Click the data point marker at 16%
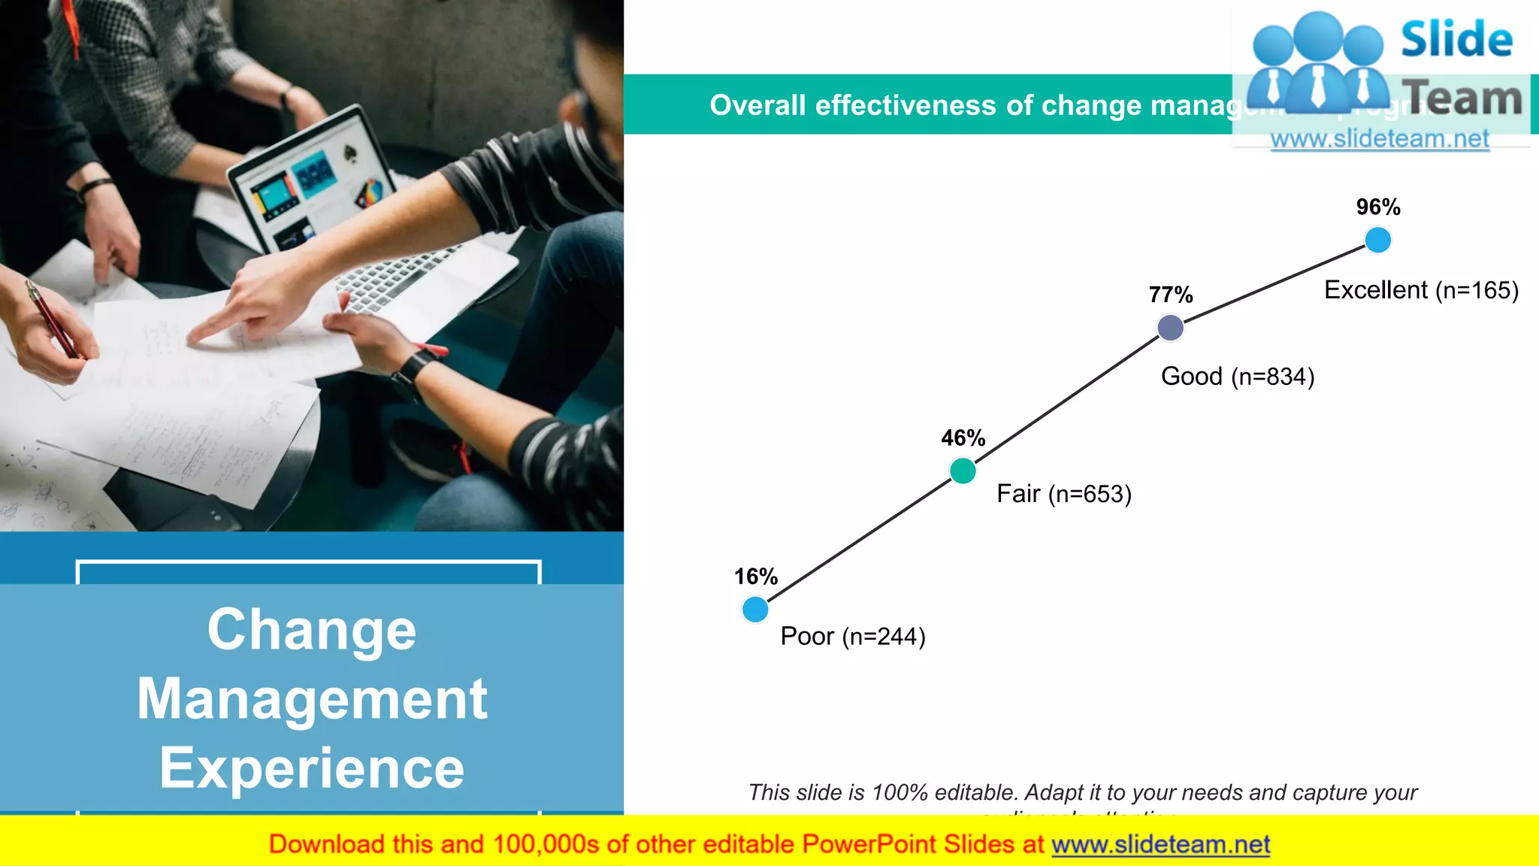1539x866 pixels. [755, 609]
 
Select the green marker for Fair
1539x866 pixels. [963, 471]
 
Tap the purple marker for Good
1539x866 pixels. [1170, 327]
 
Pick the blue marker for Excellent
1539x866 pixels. [1377, 240]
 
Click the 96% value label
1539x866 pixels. [1377, 207]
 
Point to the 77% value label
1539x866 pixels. [1170, 295]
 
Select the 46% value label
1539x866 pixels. [963, 438]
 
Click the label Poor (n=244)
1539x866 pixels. [853, 637]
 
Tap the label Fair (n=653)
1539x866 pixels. [1063, 494]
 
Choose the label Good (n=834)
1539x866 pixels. [1238, 376]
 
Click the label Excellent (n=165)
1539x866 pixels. [1421, 290]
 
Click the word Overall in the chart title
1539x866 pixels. [757, 105]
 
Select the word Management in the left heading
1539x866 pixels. [312, 699]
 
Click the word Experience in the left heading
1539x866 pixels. [312, 768]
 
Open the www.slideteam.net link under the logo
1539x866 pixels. [1380, 139]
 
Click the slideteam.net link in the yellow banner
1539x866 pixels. [1160, 845]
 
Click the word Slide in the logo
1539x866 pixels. [1456, 39]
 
